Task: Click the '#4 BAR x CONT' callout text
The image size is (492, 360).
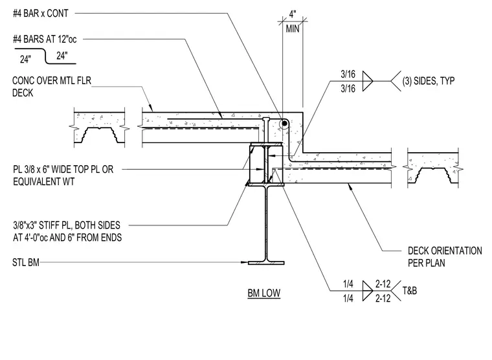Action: [x=41, y=14]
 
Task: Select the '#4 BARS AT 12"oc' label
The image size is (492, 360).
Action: [x=45, y=39]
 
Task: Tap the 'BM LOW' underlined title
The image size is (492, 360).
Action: [x=264, y=293]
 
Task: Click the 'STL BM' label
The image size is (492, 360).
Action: [x=26, y=262]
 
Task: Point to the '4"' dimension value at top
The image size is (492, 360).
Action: [x=293, y=14]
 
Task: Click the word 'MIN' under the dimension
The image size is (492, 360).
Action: [x=293, y=29]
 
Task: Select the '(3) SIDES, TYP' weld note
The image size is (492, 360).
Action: [x=429, y=81]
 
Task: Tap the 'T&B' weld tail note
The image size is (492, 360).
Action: [x=410, y=291]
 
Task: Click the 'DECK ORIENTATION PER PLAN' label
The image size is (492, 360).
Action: [x=445, y=257]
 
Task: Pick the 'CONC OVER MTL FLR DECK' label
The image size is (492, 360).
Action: [x=52, y=87]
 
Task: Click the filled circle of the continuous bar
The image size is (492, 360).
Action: [x=284, y=124]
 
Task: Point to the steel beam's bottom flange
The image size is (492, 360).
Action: [x=266, y=263]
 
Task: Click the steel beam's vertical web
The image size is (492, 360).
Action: [x=266, y=223]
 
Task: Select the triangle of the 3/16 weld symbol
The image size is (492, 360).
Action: [x=368, y=82]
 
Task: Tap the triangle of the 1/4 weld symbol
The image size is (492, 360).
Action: [x=368, y=291]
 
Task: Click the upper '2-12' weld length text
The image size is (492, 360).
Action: [x=383, y=284]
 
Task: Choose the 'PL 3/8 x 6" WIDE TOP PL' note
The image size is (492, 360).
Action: [x=63, y=170]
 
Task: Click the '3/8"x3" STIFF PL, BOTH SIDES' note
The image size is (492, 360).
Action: [x=67, y=225]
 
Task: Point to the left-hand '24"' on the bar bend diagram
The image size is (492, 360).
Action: [x=25, y=59]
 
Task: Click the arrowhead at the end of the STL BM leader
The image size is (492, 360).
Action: [x=245, y=262]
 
